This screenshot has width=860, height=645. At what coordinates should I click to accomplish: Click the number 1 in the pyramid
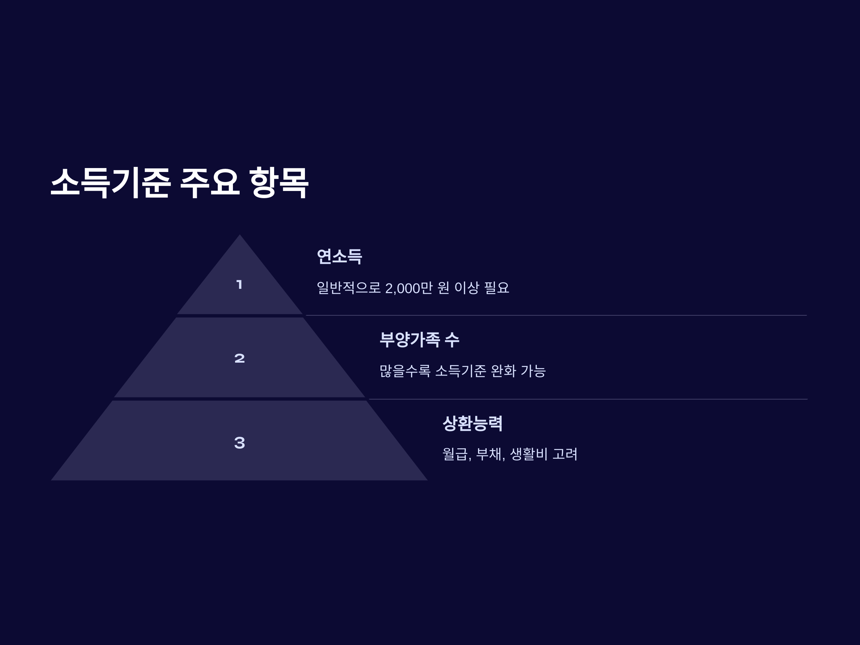239,285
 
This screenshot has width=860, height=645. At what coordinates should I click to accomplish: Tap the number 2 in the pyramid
239,358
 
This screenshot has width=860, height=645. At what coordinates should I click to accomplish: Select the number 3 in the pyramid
239,443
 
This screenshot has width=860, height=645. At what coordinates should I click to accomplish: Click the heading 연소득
339,257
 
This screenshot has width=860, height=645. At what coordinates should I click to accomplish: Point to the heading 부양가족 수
419,340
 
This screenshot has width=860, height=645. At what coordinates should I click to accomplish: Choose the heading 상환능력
472,424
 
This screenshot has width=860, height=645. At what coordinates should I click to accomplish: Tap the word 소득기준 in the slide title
110,183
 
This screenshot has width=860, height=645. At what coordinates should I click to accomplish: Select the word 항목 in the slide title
279,183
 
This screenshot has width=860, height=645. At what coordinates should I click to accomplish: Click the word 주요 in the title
210,183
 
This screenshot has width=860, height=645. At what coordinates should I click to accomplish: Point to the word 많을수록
405,371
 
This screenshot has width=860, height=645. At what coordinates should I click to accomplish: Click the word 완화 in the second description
503,371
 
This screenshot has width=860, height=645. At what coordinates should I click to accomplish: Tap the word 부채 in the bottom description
489,454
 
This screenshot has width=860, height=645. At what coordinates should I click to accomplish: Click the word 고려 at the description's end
565,454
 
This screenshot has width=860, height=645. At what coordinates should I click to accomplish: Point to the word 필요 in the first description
497,288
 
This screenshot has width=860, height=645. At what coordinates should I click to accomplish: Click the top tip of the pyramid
239,236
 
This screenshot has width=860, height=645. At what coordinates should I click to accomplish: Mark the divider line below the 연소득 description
556,315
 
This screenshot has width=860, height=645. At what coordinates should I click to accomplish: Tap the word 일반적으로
348,288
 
